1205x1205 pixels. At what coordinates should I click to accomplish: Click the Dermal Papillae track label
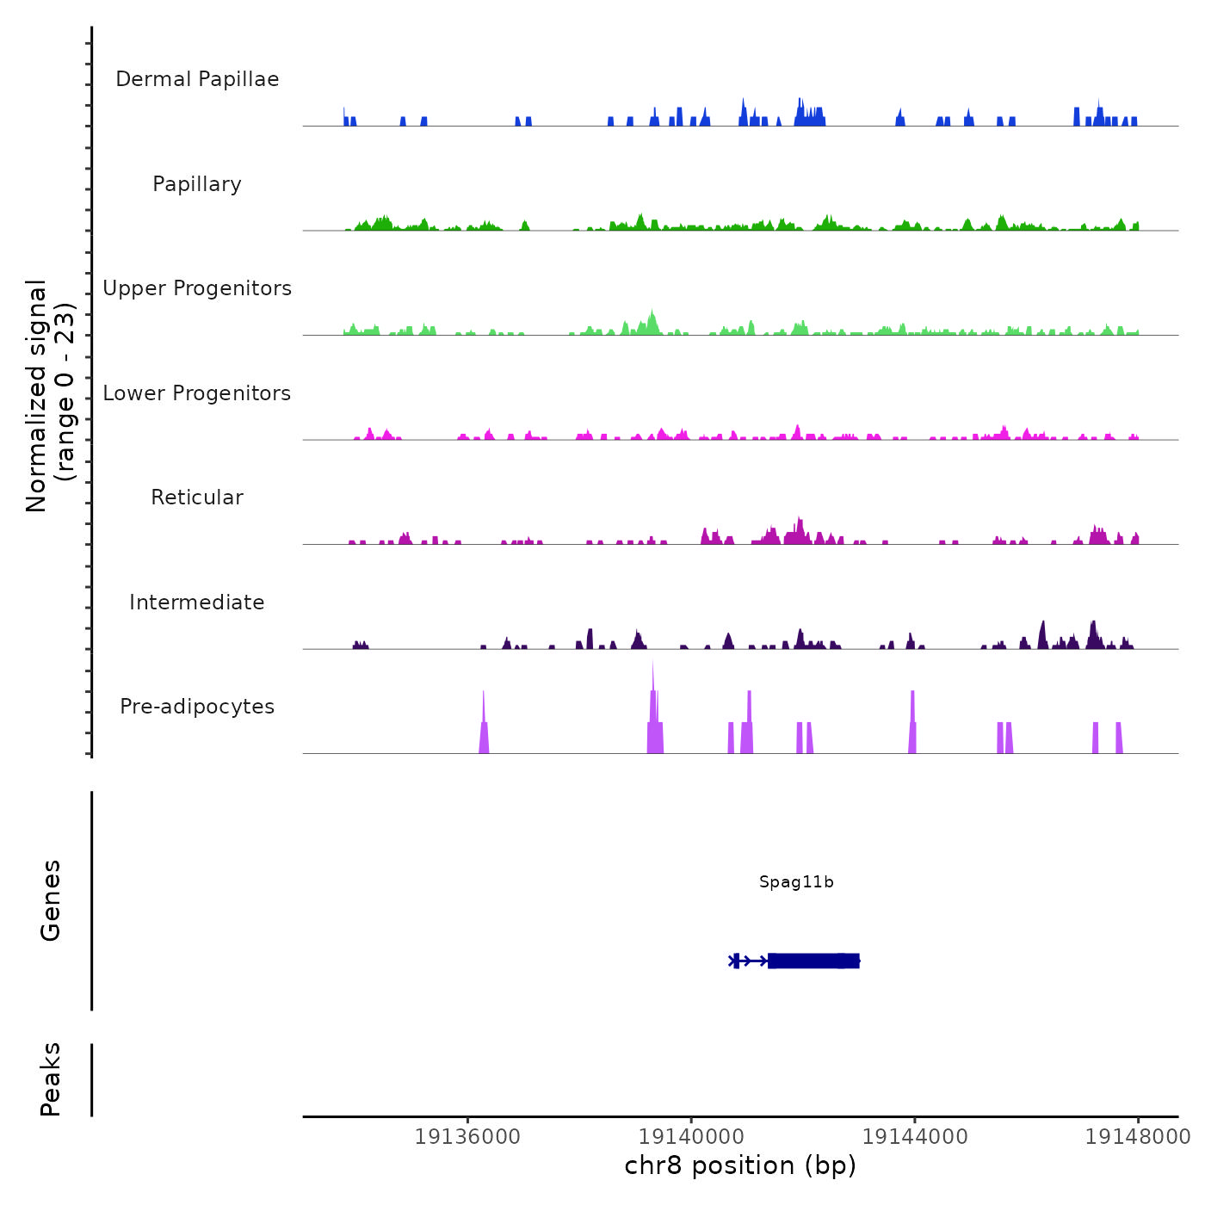pos(197,79)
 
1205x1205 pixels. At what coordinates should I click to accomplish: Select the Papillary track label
pos(197,184)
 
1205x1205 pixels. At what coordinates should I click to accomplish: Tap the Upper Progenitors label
pos(197,288)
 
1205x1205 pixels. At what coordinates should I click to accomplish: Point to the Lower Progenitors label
pos(197,393)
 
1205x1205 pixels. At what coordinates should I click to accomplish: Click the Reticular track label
pos(197,497)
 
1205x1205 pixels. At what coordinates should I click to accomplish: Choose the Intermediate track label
pos(197,602)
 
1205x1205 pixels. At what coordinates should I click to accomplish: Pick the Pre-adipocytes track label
pos(197,707)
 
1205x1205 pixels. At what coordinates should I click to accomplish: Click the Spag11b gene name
pos(796,882)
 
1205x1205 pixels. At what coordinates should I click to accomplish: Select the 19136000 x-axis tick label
pos(467,1137)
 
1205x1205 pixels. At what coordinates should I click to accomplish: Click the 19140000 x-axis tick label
pos(691,1137)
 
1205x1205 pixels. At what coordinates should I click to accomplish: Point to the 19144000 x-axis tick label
pos(915,1137)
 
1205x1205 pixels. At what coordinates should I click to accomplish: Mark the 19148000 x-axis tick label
pos(1138,1137)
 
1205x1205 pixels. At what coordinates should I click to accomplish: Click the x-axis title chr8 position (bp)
pos(740,1165)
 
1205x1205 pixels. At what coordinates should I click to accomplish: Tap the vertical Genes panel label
pos(51,900)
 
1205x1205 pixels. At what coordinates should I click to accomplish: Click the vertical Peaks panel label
pos(51,1079)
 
